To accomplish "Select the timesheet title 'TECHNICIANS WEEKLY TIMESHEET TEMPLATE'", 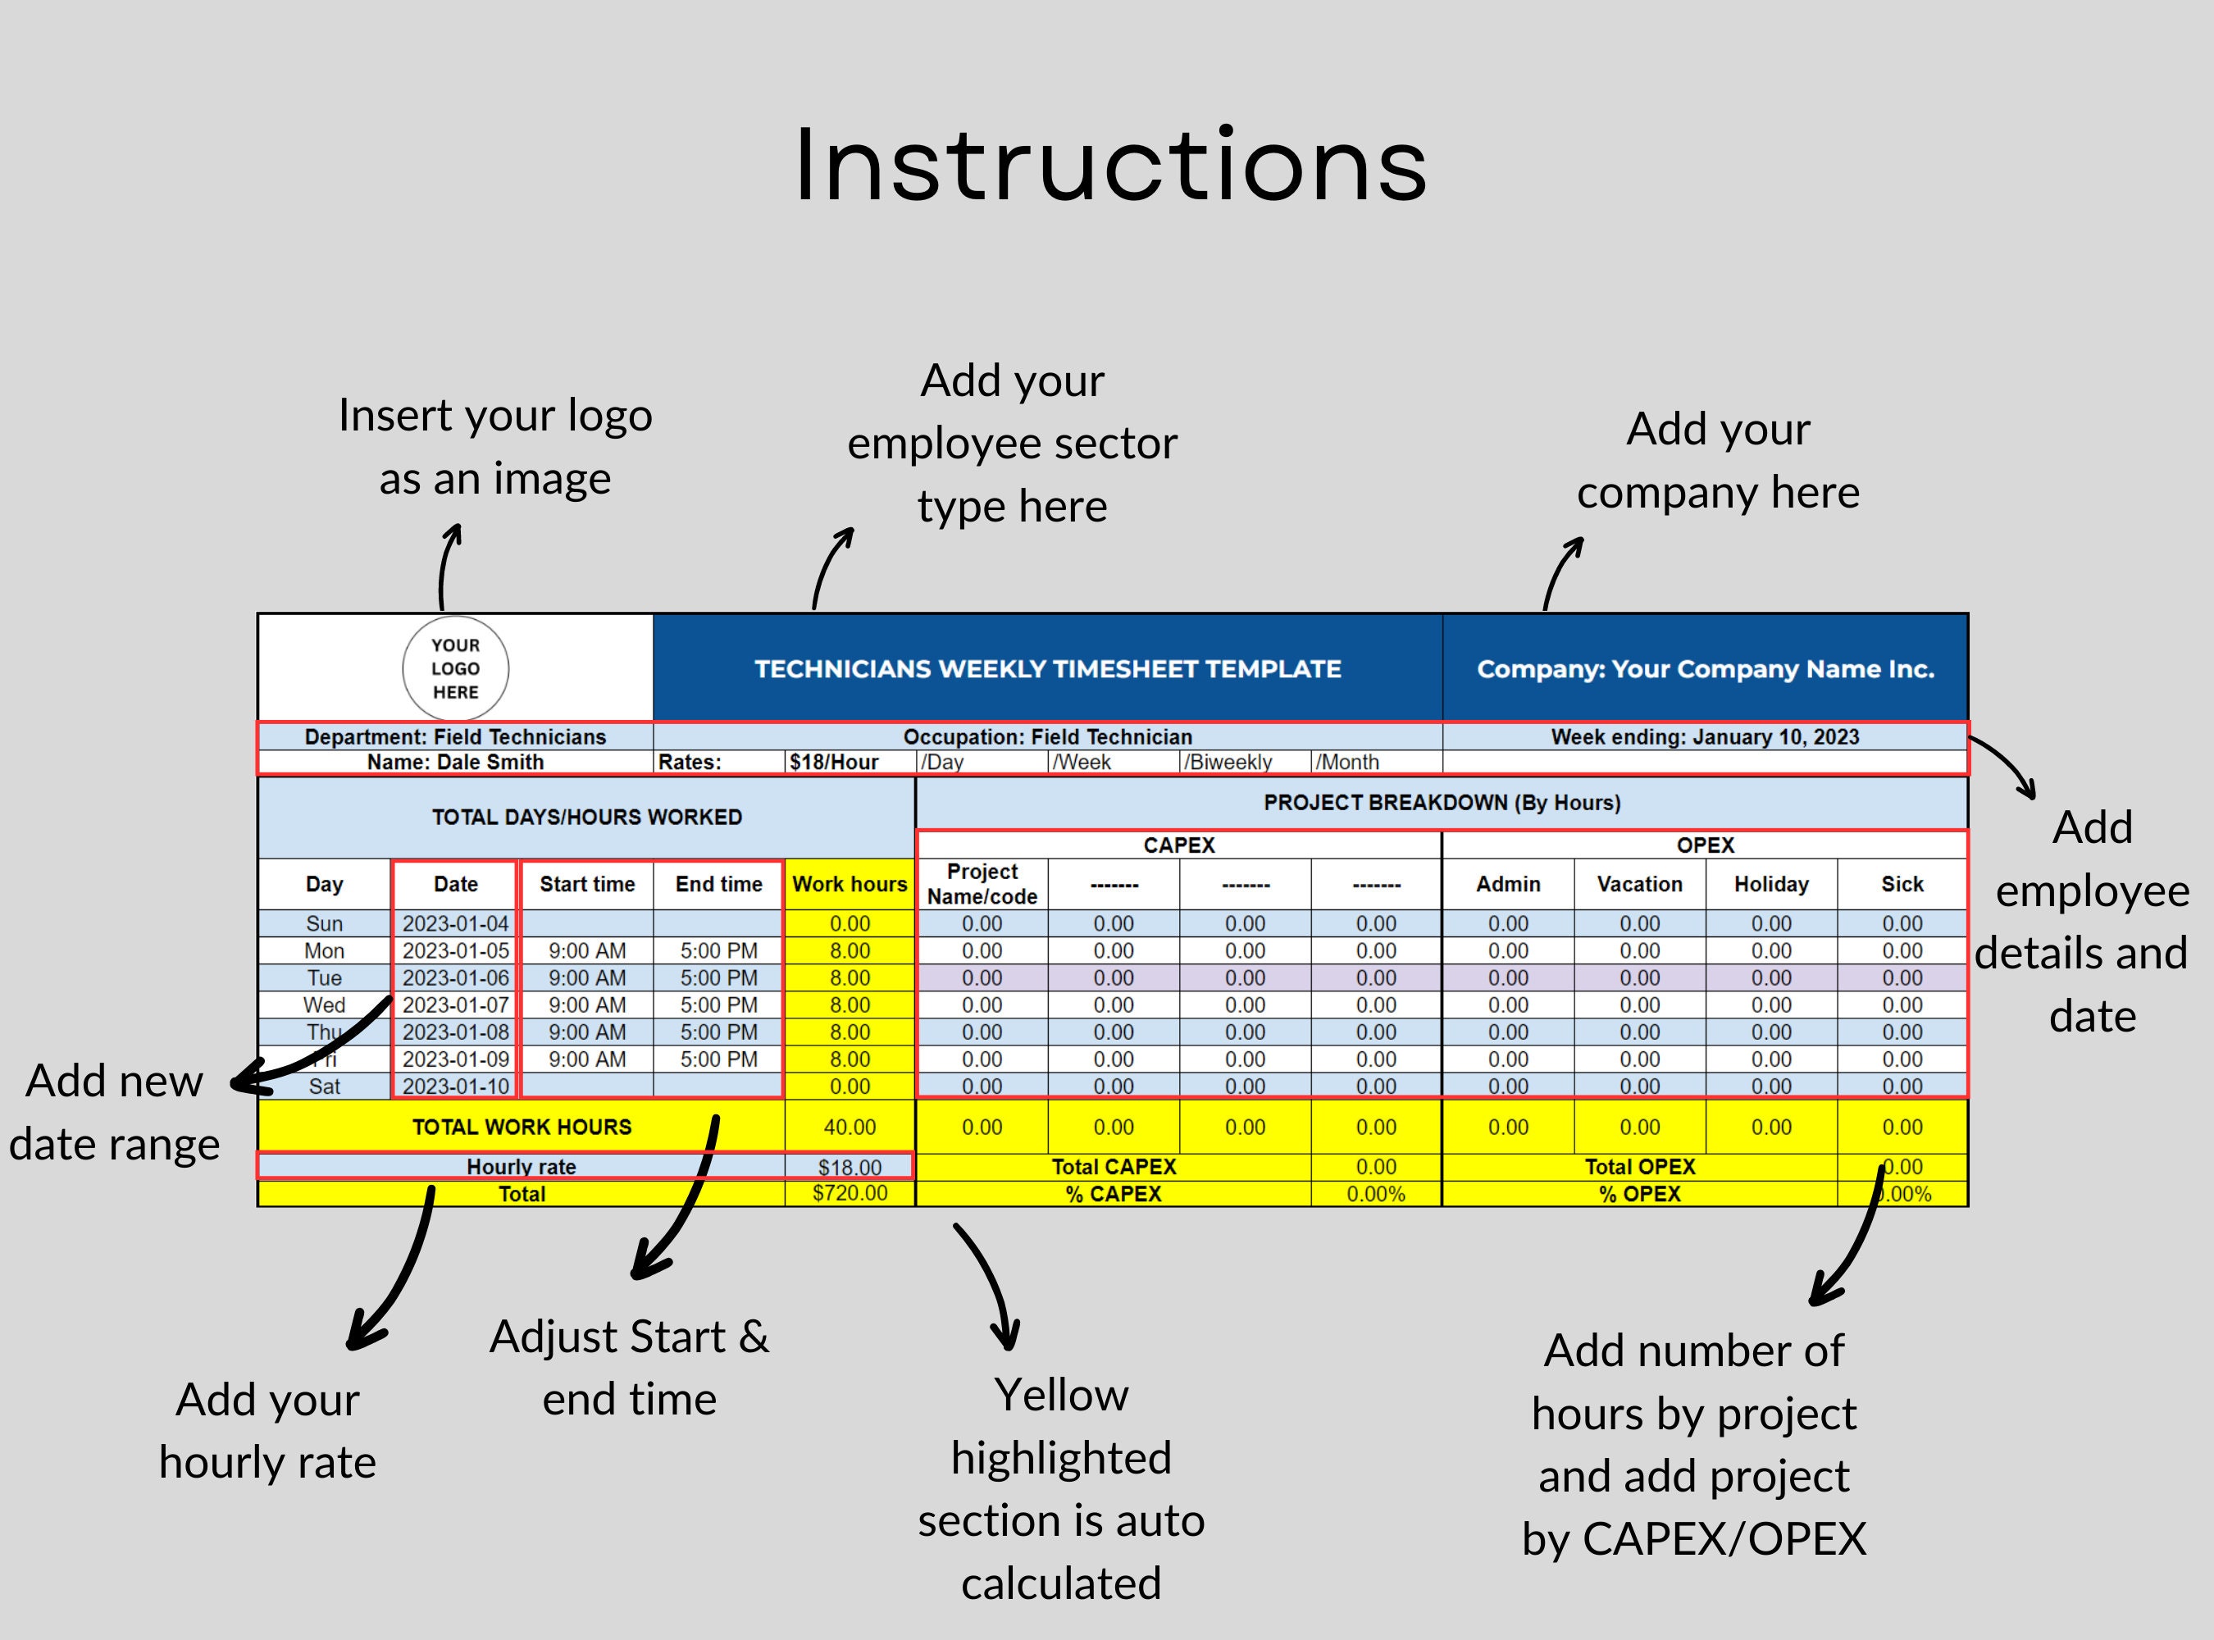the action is tap(1047, 669).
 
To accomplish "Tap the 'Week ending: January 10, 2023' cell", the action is tap(1705, 736).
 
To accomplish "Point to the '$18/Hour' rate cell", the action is tap(850, 762).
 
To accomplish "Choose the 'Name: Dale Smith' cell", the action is tap(456, 762).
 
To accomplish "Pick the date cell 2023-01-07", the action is tap(456, 1004).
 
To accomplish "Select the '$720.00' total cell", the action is tap(850, 1192).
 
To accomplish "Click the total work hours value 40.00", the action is tap(850, 1127).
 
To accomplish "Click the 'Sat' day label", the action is tap(325, 1086).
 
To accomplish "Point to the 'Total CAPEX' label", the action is tap(1113, 1167).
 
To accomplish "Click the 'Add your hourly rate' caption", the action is tap(268, 1431).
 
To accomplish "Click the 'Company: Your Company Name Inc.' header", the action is tap(1705, 669).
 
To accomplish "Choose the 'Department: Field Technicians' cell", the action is tap(456, 736).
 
